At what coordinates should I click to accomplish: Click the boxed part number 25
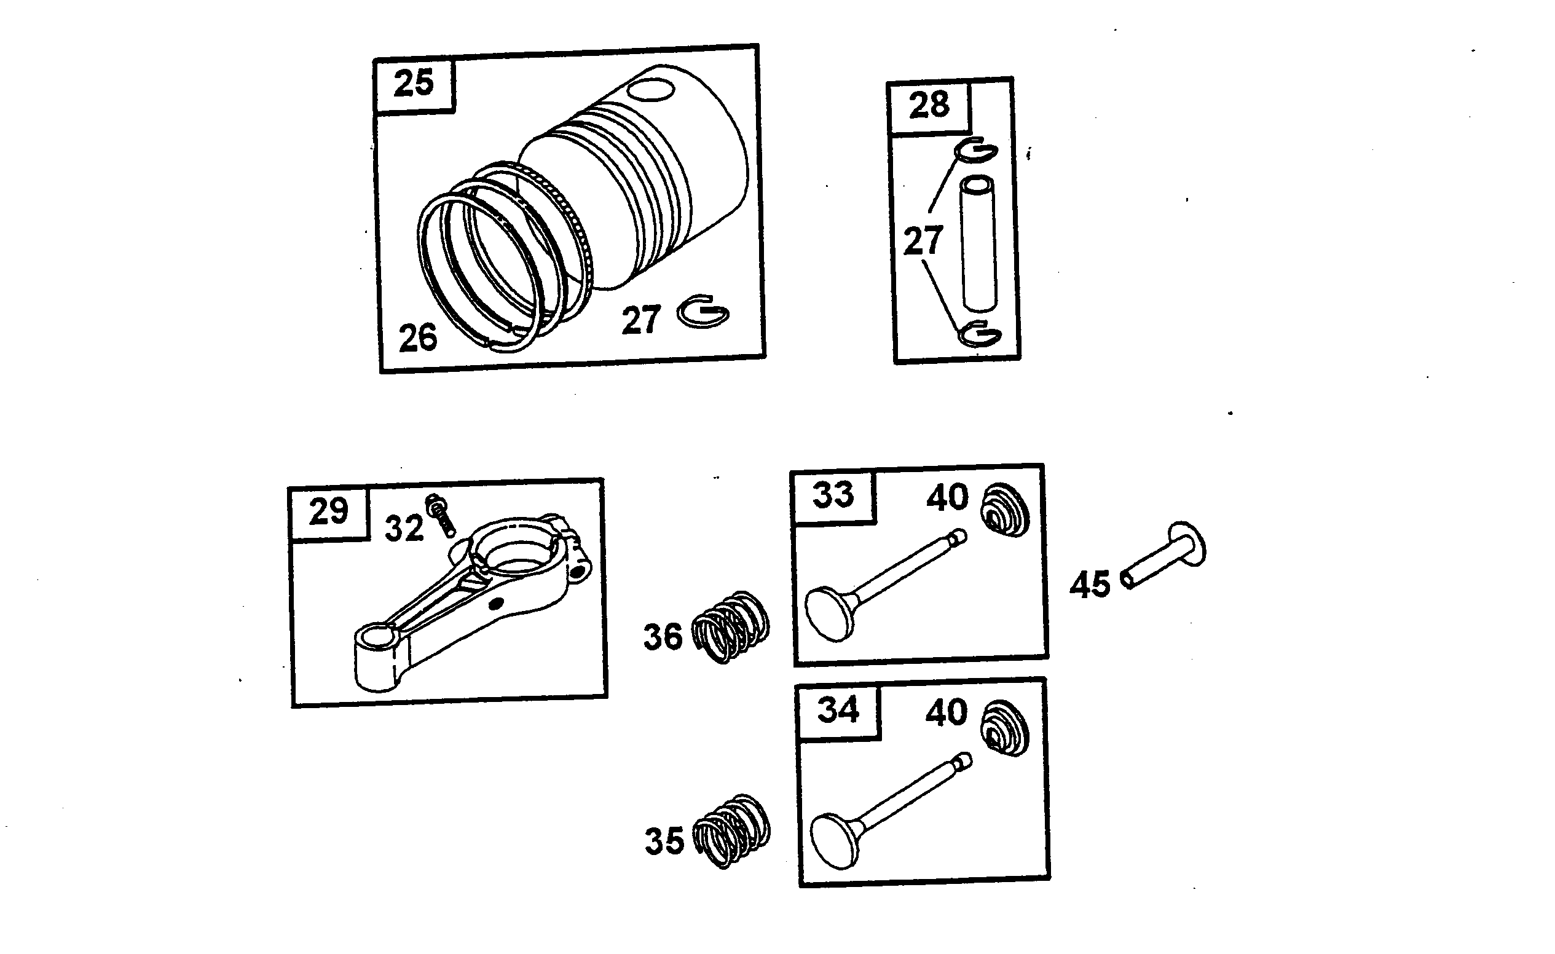click(x=414, y=83)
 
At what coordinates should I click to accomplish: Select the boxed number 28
click(x=929, y=105)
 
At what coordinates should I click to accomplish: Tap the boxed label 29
click(x=328, y=511)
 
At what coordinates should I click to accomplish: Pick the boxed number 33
click(x=833, y=495)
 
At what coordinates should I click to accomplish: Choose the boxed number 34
click(x=838, y=710)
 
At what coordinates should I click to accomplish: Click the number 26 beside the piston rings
click(x=418, y=337)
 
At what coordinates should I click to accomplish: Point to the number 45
click(x=1090, y=584)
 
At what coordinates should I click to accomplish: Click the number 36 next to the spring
click(x=663, y=637)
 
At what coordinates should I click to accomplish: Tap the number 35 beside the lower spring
click(x=664, y=841)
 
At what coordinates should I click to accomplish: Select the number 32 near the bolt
click(x=404, y=528)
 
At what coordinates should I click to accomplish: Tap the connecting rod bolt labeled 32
click(x=441, y=515)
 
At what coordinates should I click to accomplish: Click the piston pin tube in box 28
click(x=979, y=245)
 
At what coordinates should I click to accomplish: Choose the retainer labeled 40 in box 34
click(x=1005, y=728)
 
